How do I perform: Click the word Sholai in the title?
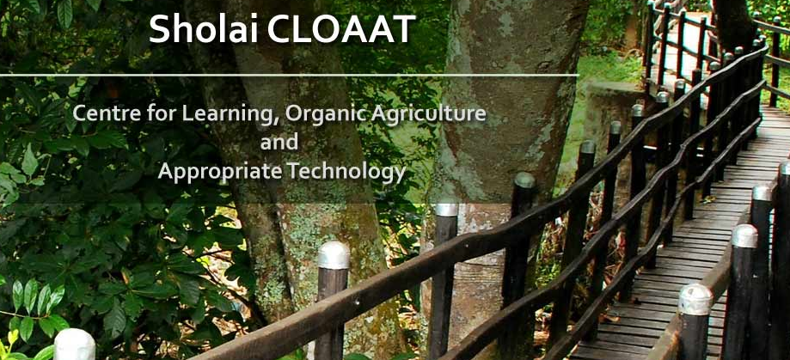point(204,28)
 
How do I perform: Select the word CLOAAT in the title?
point(341,28)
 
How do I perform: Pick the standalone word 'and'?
point(279,142)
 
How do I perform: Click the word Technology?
point(346,173)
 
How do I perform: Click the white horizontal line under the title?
point(289,75)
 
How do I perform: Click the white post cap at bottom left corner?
point(75,345)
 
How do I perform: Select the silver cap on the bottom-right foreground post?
point(695,300)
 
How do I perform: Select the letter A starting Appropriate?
point(165,172)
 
